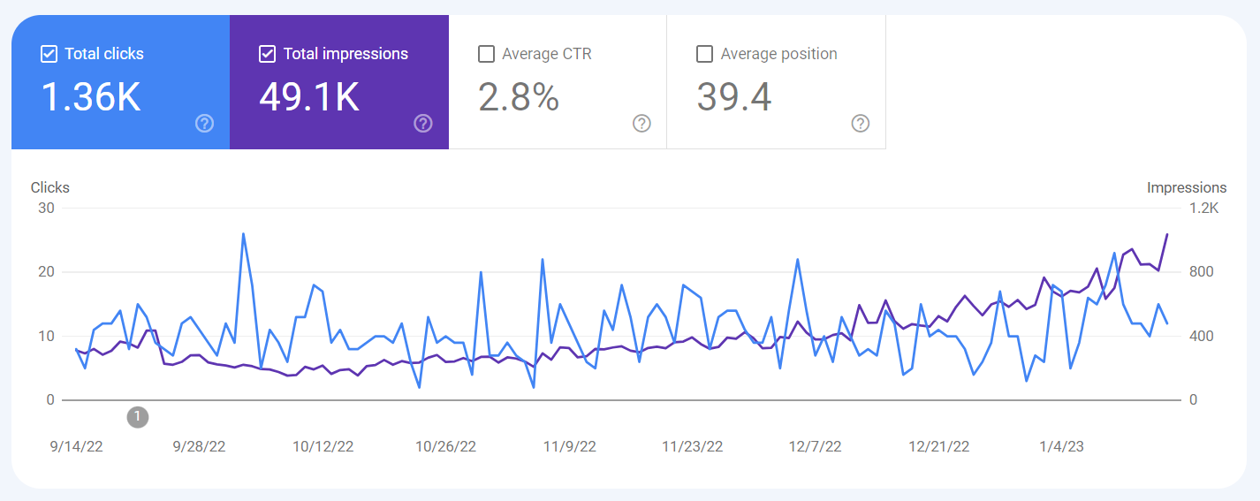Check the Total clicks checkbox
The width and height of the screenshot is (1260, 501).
(49, 54)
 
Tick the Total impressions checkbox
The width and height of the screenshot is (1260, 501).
(268, 54)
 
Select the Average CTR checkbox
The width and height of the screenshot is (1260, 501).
(486, 54)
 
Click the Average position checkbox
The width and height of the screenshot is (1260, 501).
(704, 54)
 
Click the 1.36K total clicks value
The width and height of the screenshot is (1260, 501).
(91, 97)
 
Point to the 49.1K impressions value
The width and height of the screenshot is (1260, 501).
(309, 97)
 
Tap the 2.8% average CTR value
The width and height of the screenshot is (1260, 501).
(519, 97)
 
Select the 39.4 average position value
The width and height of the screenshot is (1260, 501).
(734, 97)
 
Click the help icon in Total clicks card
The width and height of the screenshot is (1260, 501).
(204, 123)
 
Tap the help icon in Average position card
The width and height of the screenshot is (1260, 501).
(860, 123)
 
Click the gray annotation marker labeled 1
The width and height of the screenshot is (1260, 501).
(137, 416)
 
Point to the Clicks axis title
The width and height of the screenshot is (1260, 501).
(49, 187)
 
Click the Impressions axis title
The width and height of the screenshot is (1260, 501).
(1186, 187)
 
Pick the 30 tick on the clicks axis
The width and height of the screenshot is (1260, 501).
(46, 209)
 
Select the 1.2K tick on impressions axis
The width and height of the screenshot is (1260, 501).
(1203, 209)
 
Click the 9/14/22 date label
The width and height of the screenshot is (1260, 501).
(76, 446)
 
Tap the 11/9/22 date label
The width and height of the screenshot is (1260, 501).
(569, 446)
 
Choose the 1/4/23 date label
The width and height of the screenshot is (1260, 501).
(1061, 446)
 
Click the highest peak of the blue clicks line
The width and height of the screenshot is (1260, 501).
(243, 234)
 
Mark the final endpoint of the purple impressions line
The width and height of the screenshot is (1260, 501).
(1167, 234)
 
